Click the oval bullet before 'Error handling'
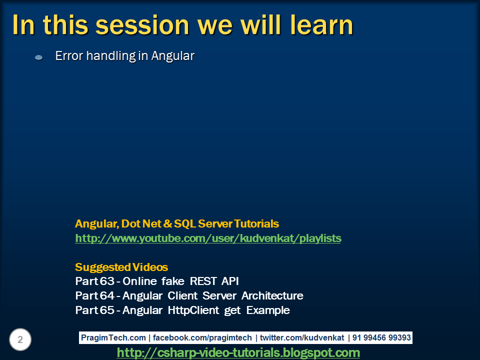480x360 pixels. pos(38,57)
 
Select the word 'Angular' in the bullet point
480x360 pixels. pos(172,56)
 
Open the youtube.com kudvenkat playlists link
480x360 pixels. pos(208,238)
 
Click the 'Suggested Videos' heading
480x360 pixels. pos(121,267)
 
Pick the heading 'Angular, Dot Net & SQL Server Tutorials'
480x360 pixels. pos(177,223)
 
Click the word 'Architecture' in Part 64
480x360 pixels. pos(272,295)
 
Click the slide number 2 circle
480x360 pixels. pos(20,340)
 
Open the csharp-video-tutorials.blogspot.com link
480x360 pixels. pos(238,353)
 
